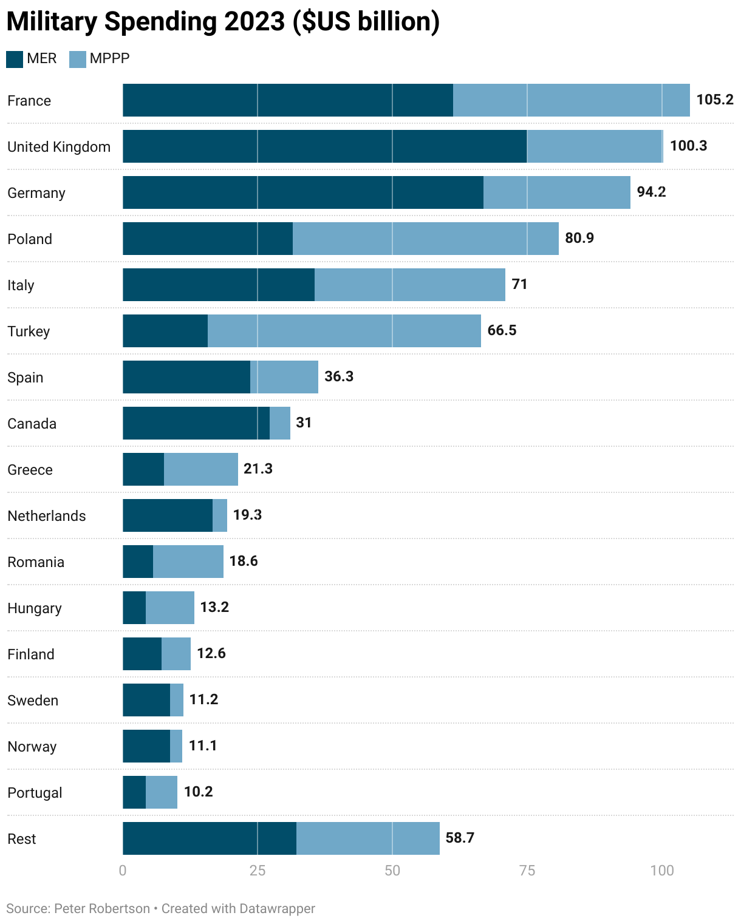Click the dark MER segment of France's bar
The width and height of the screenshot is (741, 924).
287,100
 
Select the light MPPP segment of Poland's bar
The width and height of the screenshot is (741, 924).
425,239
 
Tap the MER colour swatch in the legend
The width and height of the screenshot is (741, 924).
15,59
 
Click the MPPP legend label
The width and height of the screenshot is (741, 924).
109,58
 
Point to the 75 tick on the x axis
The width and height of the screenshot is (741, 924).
527,871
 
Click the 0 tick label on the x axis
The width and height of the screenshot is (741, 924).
123,871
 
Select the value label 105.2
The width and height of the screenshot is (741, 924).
715,100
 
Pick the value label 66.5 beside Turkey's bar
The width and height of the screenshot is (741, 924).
502,330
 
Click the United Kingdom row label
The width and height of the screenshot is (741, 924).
59,147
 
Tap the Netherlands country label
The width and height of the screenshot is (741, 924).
47,516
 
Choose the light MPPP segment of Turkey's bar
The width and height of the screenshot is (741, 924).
344,331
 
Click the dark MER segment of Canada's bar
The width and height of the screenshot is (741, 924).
196,423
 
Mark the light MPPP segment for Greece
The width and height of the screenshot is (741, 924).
200,469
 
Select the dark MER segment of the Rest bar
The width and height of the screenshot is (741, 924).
209,838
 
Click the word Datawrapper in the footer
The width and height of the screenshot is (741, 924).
277,909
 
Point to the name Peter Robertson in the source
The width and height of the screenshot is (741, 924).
102,909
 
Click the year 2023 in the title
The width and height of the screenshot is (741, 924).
254,22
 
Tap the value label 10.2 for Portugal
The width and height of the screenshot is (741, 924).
198,792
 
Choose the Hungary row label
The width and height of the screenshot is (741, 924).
35,608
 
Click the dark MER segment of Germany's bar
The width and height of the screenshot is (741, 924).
302,192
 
